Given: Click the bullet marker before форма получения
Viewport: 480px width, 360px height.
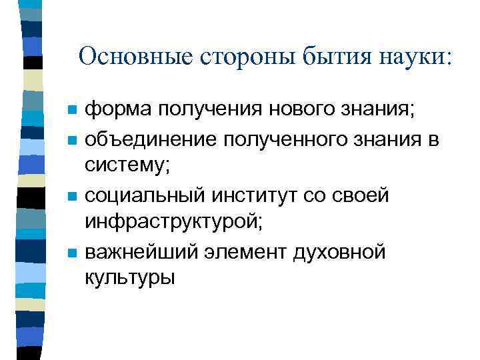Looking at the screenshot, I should (73, 109).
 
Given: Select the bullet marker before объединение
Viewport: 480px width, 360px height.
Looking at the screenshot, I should (73, 139).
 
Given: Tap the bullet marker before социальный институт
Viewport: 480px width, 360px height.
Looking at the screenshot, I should (73, 196).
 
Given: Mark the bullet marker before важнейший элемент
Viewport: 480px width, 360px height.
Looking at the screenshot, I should (73, 253).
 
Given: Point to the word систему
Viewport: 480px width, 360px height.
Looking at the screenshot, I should (127, 167).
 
